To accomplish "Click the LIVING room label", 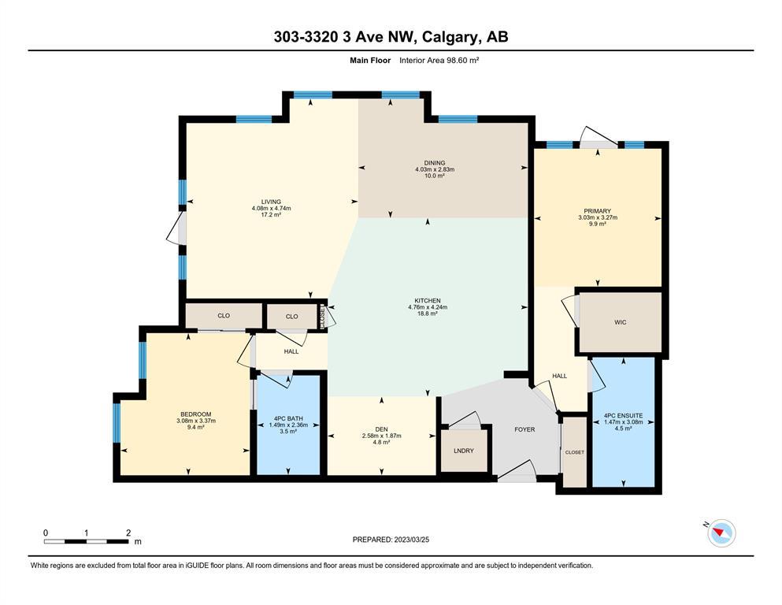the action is click(x=272, y=202).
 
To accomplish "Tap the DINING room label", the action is click(x=435, y=163).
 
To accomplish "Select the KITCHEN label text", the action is click(x=428, y=301).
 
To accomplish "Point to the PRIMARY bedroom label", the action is click(x=598, y=211).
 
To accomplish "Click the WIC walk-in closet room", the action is click(x=621, y=322).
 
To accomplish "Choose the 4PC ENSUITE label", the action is click(x=624, y=415).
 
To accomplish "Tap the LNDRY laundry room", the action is click(x=464, y=451).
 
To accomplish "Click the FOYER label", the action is click(x=524, y=429).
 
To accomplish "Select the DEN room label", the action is click(x=381, y=429).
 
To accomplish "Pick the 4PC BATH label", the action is click(x=288, y=418).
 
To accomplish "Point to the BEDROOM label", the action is click(x=196, y=414).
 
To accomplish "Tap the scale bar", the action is click(x=87, y=541).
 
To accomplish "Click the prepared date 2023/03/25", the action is click(x=411, y=540).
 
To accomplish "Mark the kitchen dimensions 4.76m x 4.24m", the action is click(x=428, y=307).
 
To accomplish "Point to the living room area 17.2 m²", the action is click(x=272, y=214).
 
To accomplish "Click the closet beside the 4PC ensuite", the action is click(x=575, y=452).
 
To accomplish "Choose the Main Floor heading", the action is click(x=370, y=61).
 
